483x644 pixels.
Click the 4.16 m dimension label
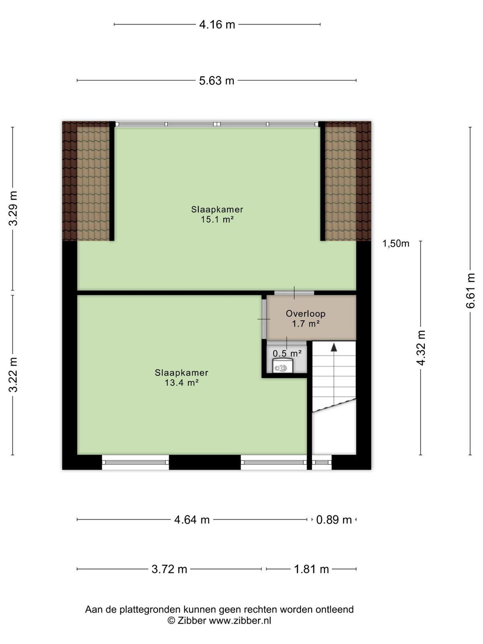click(x=217, y=25)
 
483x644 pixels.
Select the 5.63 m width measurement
click(x=217, y=80)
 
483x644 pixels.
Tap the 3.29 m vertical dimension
click(x=13, y=208)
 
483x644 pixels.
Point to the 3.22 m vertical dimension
click(x=13, y=375)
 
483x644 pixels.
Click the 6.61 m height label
click(x=470, y=291)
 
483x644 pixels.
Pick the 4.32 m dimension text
click(x=421, y=348)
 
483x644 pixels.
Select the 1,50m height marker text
click(x=396, y=244)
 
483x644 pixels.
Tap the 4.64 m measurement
click(x=192, y=520)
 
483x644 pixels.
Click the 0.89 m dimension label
click(x=334, y=520)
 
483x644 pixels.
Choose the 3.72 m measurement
click(x=169, y=569)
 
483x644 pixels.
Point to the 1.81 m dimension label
click(x=311, y=569)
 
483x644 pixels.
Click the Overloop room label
click(x=305, y=314)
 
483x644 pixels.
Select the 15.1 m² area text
click(x=217, y=219)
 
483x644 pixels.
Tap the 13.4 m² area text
click(x=182, y=383)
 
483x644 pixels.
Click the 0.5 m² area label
click(x=287, y=353)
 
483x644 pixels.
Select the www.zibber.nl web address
click(x=240, y=621)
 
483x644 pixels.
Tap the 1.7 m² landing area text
click(x=305, y=324)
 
